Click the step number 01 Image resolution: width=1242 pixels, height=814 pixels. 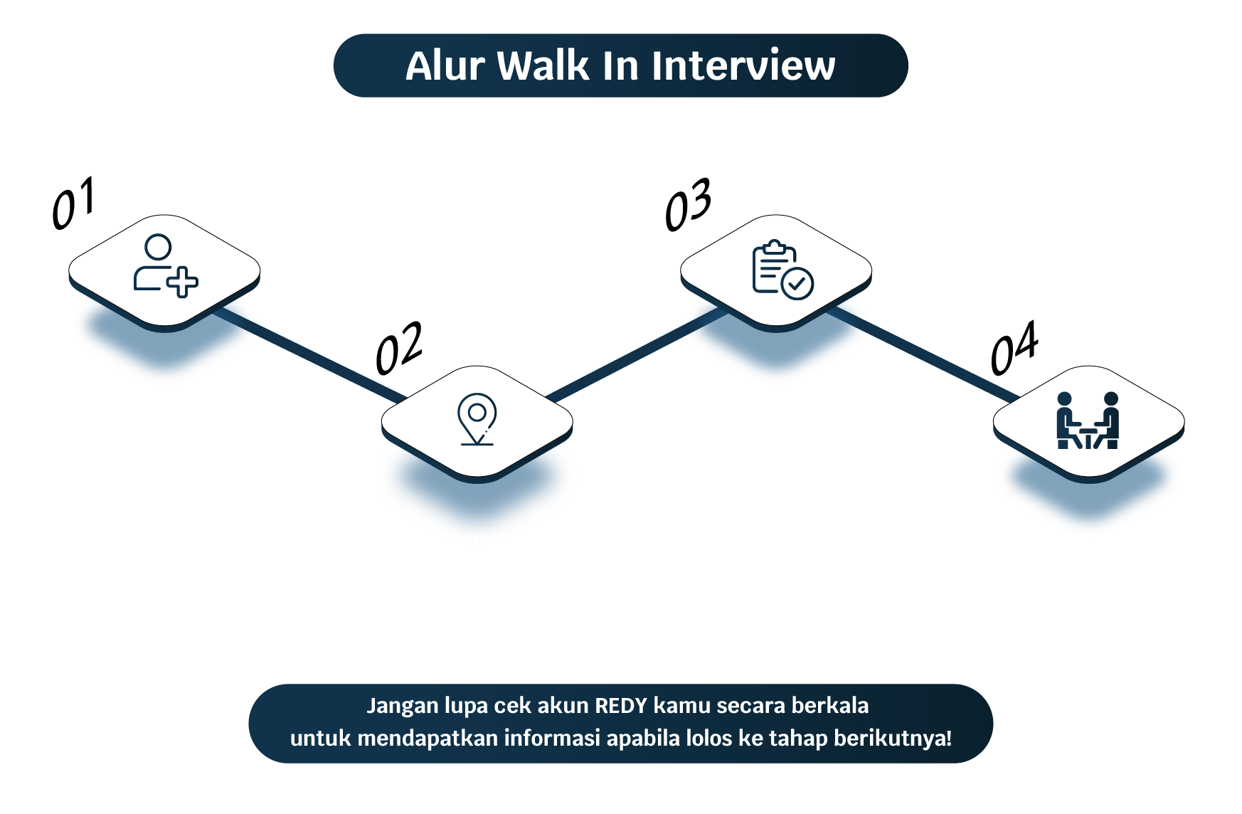(x=73, y=203)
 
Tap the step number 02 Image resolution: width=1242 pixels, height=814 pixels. (x=399, y=348)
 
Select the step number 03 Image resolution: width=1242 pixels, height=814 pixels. (x=688, y=205)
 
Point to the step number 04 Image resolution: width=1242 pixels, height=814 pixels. (x=1014, y=348)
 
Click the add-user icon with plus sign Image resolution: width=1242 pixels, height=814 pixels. (x=166, y=265)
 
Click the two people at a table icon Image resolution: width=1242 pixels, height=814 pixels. (x=1088, y=421)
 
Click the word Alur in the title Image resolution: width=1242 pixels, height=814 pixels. (x=445, y=66)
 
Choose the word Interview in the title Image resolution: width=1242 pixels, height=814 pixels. (x=743, y=66)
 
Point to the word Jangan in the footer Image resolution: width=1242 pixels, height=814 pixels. (x=402, y=707)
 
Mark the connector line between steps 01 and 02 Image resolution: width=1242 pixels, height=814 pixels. (x=310, y=354)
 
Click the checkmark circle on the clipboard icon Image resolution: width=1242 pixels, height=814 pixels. (x=797, y=284)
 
